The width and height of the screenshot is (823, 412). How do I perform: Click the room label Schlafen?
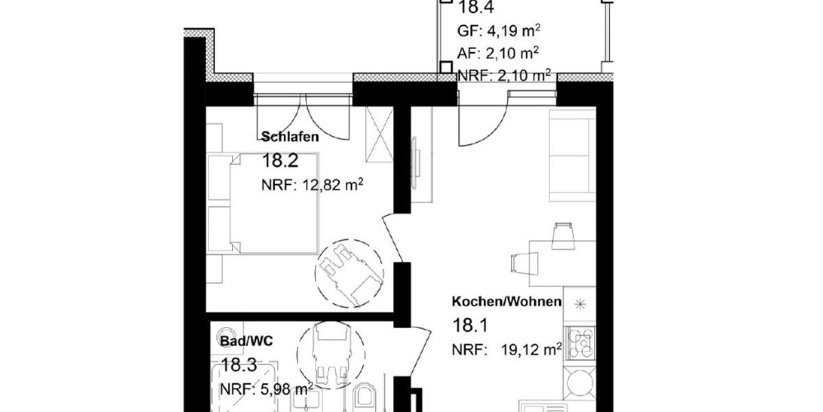click(290, 137)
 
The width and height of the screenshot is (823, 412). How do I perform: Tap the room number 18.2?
click(281, 161)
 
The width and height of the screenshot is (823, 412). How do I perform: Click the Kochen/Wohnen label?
click(506, 301)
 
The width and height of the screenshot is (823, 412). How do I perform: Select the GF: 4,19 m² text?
click(497, 31)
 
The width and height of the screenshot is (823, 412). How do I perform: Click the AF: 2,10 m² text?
click(497, 53)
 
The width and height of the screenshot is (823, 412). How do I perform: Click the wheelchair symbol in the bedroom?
click(348, 272)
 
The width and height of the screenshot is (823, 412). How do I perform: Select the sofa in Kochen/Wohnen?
click(571, 154)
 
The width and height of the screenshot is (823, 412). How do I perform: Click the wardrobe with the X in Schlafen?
click(378, 132)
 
